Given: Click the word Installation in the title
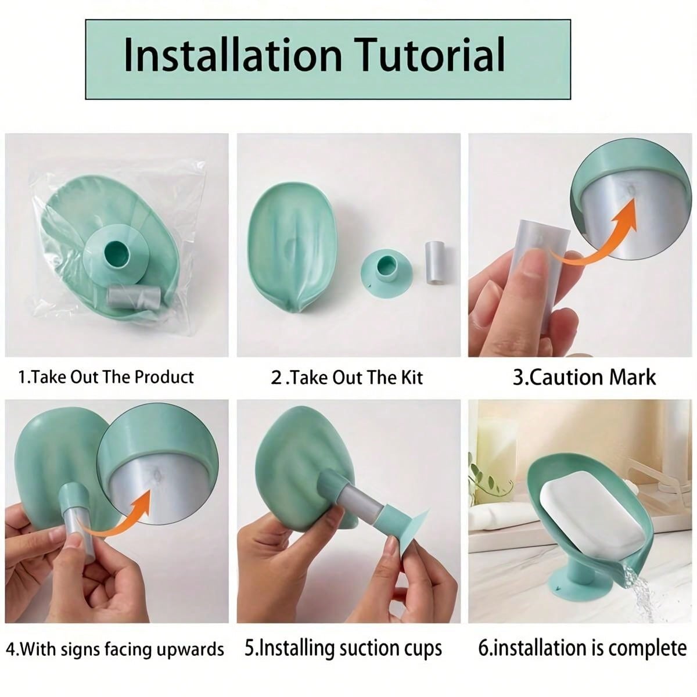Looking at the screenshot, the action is (x=233, y=55).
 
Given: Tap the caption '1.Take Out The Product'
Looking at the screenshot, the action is (x=106, y=378).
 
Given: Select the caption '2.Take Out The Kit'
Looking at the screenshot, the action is (x=347, y=378).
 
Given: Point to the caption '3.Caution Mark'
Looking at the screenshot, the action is (x=584, y=378).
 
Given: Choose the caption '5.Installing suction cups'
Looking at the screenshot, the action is (x=343, y=649).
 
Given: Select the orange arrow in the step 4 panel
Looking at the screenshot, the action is (x=120, y=521).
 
